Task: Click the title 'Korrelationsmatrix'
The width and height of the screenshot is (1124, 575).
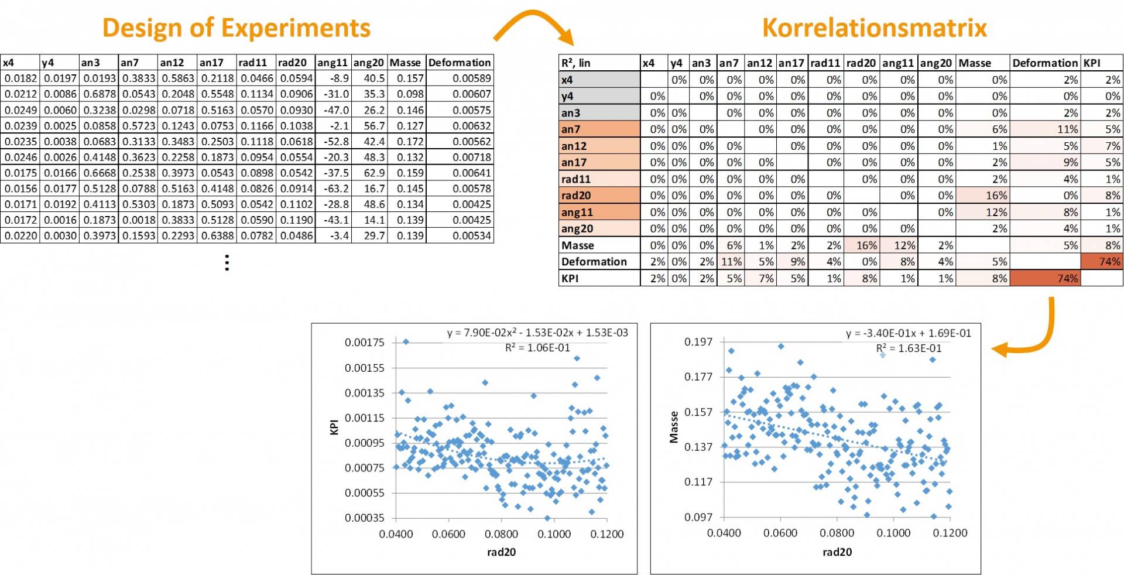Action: (874, 28)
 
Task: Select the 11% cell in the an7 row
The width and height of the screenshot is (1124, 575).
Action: (1044, 129)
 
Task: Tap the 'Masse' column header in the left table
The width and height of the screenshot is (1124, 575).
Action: (406, 63)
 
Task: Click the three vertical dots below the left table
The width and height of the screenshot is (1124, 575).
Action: (227, 262)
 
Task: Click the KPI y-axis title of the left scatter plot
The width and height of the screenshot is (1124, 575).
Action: (334, 427)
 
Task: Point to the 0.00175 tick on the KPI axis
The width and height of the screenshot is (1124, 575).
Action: (364, 343)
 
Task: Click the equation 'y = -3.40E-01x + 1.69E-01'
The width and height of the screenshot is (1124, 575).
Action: (908, 333)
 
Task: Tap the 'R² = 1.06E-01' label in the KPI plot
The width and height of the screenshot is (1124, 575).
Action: (537, 348)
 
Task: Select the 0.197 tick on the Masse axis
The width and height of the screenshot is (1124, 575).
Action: (698, 342)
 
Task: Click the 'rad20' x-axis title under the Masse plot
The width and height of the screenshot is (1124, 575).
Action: (837, 552)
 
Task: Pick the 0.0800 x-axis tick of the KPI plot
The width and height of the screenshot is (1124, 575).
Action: (501, 534)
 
